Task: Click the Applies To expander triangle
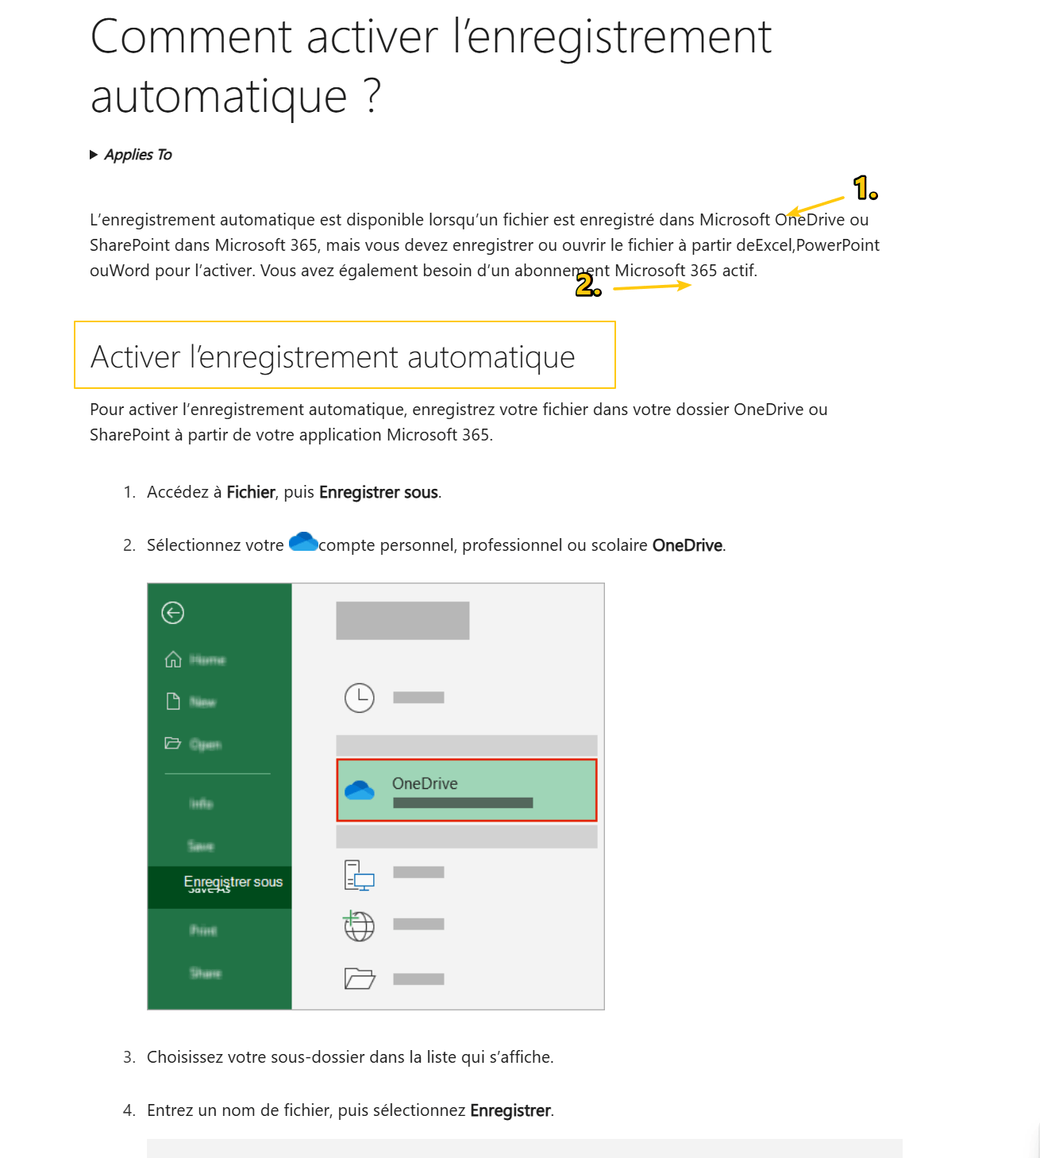94,155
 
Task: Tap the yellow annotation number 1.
865,188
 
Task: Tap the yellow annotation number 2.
587,285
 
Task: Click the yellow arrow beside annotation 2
651,287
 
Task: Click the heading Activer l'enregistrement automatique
333,357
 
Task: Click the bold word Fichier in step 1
251,492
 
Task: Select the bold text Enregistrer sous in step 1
379,492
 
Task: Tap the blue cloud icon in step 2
303,542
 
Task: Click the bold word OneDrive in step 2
688,545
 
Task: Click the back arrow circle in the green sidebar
173,613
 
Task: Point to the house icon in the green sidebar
173,660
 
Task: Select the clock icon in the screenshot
360,698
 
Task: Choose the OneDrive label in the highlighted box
425,783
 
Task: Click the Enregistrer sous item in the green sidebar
233,882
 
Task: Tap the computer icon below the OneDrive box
359,875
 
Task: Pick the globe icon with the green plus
359,925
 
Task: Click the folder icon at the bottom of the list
359,979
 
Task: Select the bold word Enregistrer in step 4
510,1110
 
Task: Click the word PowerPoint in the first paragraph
838,245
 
